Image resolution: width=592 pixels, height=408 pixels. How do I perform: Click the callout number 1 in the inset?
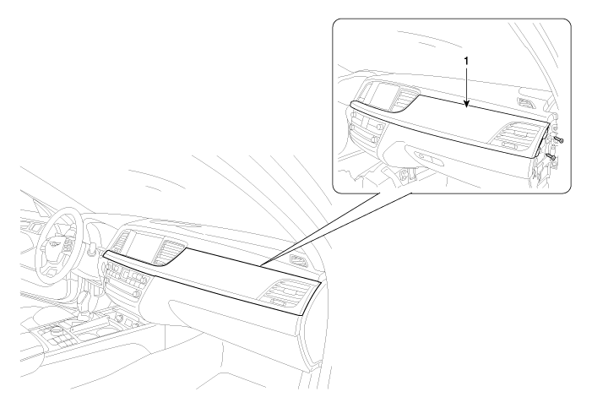[467, 61]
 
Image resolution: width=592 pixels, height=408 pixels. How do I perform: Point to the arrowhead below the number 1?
[467, 106]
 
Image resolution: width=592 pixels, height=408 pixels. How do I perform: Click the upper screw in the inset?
[558, 140]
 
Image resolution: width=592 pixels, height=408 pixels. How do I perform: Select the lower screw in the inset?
[551, 155]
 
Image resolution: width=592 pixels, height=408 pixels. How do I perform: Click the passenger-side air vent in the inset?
[517, 138]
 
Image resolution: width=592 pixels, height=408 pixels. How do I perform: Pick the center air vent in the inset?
[406, 98]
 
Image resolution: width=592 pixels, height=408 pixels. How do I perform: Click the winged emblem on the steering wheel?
[57, 243]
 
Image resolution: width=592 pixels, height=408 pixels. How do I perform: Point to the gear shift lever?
[84, 298]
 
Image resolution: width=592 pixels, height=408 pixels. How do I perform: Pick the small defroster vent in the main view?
[299, 260]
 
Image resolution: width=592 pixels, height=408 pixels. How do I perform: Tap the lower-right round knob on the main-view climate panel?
[138, 293]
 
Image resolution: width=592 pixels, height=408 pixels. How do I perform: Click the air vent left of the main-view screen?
[121, 242]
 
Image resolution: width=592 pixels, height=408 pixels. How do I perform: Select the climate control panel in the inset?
[363, 130]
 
